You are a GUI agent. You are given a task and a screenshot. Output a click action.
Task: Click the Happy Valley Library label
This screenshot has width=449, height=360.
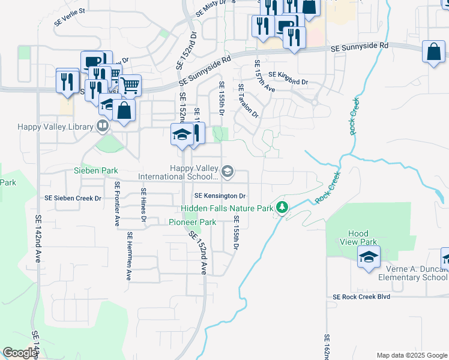point(55,127)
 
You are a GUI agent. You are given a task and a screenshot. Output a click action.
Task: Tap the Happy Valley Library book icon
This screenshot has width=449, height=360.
point(103,126)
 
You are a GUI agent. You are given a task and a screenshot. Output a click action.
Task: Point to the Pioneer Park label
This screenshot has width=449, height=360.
point(192,222)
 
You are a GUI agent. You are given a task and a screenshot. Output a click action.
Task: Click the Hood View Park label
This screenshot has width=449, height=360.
point(362,238)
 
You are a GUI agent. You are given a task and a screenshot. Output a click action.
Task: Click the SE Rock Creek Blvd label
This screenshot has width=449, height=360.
point(361,296)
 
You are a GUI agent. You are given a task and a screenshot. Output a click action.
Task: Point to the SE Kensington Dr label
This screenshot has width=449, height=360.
point(220,196)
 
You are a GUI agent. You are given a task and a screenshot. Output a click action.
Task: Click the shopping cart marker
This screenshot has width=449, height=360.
point(130,85)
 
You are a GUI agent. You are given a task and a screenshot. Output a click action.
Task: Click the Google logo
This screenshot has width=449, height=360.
point(19,353)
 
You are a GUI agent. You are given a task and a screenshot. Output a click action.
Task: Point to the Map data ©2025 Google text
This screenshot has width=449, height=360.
point(411,355)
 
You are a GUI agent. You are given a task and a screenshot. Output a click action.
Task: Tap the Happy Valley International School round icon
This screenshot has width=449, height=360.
point(228,172)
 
